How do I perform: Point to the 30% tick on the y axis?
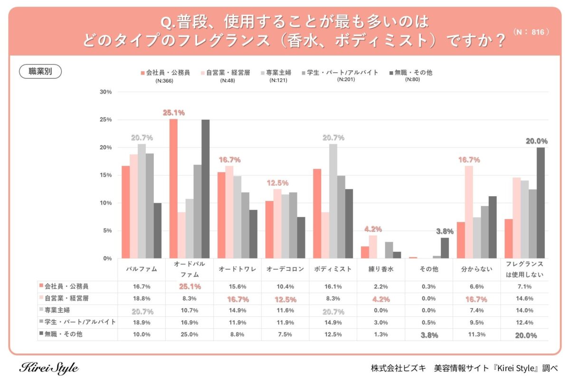click(x=105, y=92)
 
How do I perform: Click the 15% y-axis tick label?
click(x=105, y=175)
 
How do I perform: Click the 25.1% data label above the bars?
click(x=173, y=113)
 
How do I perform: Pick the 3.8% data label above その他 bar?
click(x=444, y=231)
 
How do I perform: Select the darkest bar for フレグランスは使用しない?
click(x=540, y=203)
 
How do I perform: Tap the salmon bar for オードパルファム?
click(x=173, y=189)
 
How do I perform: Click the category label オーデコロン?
click(x=285, y=269)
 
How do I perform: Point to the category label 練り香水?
click(x=380, y=269)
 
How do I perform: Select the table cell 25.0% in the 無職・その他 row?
click(x=189, y=334)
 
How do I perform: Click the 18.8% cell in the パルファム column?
click(x=141, y=299)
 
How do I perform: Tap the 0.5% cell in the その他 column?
click(x=428, y=323)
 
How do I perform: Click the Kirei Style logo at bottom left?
click(x=49, y=368)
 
